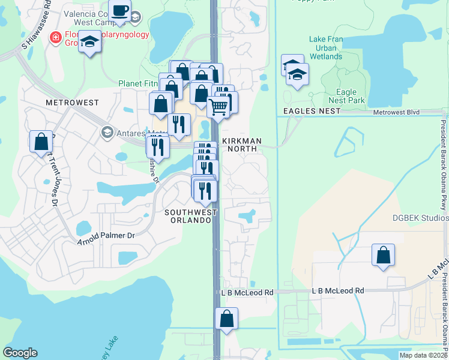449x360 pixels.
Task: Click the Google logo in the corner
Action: click(x=20, y=353)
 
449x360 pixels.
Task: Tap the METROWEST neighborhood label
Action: click(x=72, y=103)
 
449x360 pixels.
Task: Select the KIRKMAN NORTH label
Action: click(x=242, y=145)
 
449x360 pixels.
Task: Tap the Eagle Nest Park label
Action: click(x=346, y=97)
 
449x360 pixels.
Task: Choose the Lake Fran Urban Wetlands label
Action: click(x=326, y=48)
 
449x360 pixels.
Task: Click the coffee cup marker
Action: click(x=120, y=12)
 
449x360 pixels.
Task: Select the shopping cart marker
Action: click(x=219, y=107)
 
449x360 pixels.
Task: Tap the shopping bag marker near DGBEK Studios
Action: click(x=382, y=256)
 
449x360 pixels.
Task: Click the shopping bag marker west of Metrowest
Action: click(x=41, y=142)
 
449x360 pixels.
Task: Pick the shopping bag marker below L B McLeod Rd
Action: click(x=226, y=319)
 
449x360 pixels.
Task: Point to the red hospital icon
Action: click(x=56, y=37)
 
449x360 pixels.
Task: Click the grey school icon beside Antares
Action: click(x=107, y=132)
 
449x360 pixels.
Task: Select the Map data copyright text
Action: click(x=423, y=355)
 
